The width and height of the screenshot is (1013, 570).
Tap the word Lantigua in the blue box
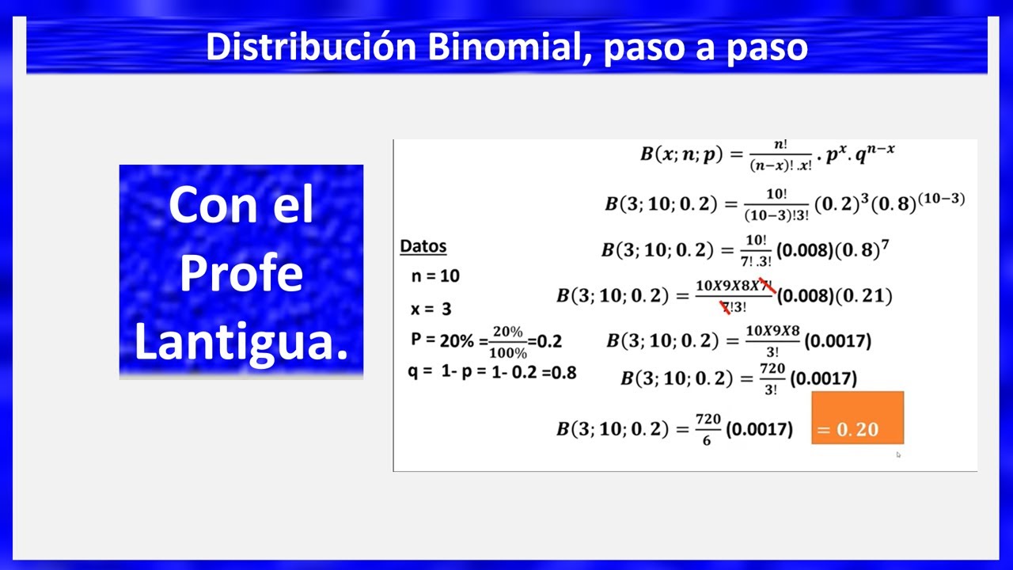[x=241, y=340]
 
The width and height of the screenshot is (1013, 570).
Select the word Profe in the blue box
[x=241, y=273]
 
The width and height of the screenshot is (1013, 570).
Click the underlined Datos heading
[x=423, y=246]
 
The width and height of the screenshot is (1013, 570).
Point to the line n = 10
[x=435, y=276]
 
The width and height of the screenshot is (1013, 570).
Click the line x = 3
[x=431, y=309]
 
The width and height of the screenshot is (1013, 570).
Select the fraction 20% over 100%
[x=508, y=342]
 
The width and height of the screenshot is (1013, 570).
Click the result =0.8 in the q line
[x=558, y=372]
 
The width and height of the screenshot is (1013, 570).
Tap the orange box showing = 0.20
[x=857, y=417]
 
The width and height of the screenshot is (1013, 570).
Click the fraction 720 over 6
[x=707, y=430]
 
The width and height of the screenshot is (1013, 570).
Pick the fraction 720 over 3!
[x=772, y=378]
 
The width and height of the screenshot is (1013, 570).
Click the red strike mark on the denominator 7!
[x=725, y=307]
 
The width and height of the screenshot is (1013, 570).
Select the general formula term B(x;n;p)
[x=681, y=154]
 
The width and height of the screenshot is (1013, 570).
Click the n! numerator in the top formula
[x=780, y=145]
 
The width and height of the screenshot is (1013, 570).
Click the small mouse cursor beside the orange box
[x=898, y=454]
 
